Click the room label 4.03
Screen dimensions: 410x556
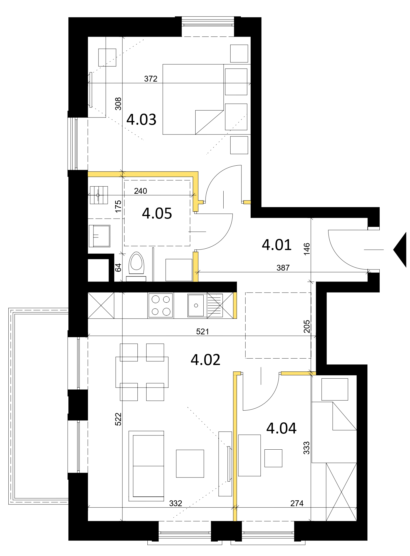pyautogui.click(x=141, y=119)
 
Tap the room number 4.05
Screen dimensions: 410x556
pyautogui.click(x=157, y=213)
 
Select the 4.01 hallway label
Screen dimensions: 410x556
pyautogui.click(x=276, y=245)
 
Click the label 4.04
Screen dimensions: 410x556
pyautogui.click(x=281, y=428)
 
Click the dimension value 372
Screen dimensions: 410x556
pyautogui.click(x=151, y=79)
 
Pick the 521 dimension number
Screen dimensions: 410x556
pyautogui.click(x=202, y=331)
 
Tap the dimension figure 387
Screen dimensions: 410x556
pyautogui.click(x=283, y=268)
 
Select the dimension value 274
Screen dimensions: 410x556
pyautogui.click(x=297, y=503)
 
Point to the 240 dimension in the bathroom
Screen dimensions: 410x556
pyautogui.click(x=140, y=191)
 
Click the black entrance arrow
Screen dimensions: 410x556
pyautogui.click(x=400, y=250)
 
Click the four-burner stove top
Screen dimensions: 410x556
pyautogui.click(x=161, y=305)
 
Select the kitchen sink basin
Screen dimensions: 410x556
pyautogui.click(x=196, y=305)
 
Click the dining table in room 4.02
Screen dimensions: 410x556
pyautogui.click(x=142, y=372)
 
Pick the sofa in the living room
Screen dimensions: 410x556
pyautogui.click(x=146, y=466)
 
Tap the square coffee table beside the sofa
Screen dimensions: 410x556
pyautogui.click(x=190, y=464)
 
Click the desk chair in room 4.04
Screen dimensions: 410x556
pyautogui.click(x=273, y=458)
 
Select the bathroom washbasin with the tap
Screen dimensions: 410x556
pyautogui.click(x=100, y=236)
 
